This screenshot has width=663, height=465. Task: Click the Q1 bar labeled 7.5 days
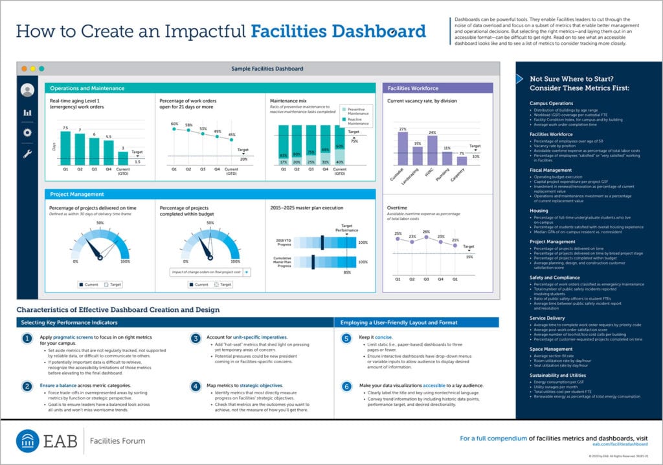pos(65,149)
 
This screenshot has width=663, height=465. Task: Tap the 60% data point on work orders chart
pos(174,129)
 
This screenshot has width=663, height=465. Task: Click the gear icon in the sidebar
pos(27,132)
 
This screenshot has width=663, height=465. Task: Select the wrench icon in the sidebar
pos(27,154)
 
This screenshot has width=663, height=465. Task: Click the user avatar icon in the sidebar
pos(27,90)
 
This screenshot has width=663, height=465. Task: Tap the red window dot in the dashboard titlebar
pos(24,68)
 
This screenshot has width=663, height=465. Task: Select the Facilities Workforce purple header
pos(412,88)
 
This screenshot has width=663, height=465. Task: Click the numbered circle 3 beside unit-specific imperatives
pos(196,339)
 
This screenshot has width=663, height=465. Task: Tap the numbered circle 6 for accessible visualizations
pos(346,386)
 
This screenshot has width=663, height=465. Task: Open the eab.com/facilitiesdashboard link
pos(620,444)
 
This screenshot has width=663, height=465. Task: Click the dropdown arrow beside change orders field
pos(246,272)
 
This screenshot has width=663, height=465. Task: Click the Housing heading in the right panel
pos(539,211)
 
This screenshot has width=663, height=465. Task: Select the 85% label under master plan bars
pos(347,272)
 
